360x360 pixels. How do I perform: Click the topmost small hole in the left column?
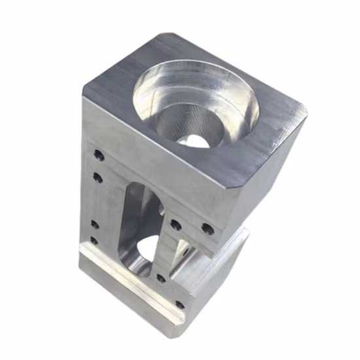click(x=98, y=156)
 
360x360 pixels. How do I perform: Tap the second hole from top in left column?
click(x=98, y=177)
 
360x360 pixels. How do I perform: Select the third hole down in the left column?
click(x=94, y=224)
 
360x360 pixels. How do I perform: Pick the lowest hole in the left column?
click(x=94, y=240)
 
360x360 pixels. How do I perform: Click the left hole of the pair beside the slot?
click(x=176, y=225)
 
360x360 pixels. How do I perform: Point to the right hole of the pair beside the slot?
click(x=207, y=228)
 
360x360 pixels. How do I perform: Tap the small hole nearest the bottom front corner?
click(x=179, y=304)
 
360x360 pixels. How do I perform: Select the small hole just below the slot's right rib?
click(x=161, y=278)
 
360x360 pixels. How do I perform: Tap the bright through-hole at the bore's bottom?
click(x=196, y=139)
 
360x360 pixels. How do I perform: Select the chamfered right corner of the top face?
click(x=298, y=118)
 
